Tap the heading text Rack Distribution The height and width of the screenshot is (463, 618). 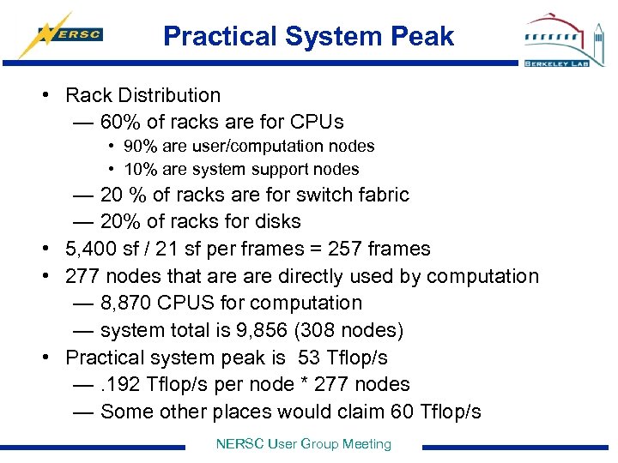click(x=142, y=95)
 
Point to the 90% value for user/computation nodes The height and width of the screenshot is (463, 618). click(x=137, y=147)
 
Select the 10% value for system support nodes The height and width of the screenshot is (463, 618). click(x=137, y=170)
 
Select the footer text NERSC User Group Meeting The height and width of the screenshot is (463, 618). click(x=303, y=444)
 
